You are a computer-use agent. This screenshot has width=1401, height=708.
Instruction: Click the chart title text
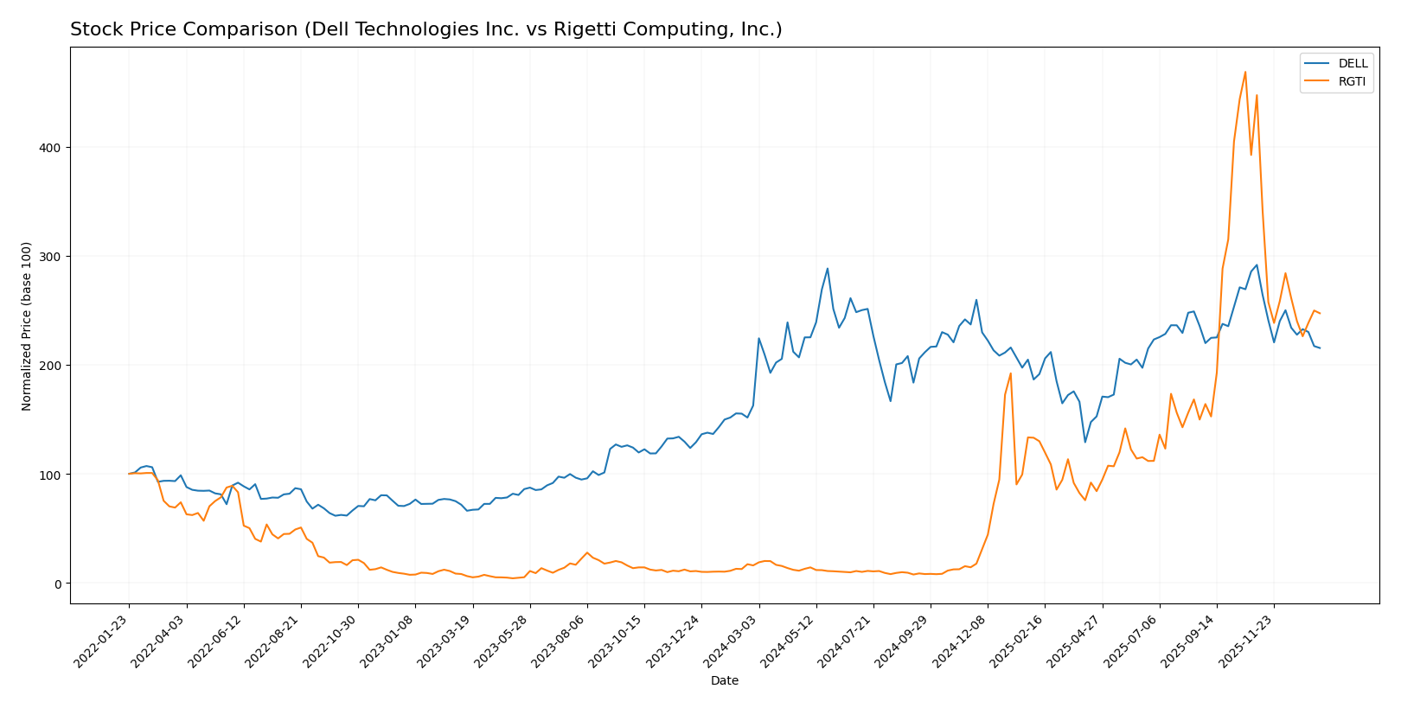point(425,29)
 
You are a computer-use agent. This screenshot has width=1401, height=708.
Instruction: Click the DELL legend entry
point(1353,64)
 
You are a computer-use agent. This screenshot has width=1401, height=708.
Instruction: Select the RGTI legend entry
point(1352,82)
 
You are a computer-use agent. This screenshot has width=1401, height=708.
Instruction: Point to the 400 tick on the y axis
point(51,148)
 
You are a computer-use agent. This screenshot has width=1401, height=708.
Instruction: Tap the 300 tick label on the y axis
point(51,257)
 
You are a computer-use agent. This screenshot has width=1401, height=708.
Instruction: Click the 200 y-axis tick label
point(51,366)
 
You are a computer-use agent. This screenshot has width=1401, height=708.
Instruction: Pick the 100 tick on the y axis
point(51,475)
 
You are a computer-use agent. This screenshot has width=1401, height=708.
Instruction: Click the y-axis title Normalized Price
point(27,326)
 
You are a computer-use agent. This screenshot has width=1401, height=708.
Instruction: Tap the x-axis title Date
point(724,681)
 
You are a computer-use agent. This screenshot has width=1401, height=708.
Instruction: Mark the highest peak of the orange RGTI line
point(1245,72)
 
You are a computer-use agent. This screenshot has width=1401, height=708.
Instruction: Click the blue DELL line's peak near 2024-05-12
point(828,268)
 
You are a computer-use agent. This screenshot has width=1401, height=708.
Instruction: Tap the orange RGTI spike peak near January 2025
point(1010,373)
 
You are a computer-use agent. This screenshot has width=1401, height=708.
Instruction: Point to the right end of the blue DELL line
point(1320,348)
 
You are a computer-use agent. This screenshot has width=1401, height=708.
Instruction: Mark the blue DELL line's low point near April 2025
point(1085,442)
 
